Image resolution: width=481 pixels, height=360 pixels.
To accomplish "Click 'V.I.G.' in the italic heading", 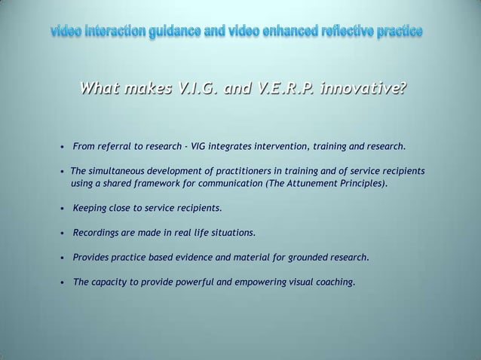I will [198, 91].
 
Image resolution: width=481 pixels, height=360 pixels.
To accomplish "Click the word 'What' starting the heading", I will [102, 91].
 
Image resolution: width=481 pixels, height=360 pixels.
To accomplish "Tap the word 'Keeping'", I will [92, 207].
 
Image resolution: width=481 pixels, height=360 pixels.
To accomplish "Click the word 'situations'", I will [232, 232].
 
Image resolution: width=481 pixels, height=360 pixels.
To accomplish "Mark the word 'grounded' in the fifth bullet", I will [309, 258].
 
